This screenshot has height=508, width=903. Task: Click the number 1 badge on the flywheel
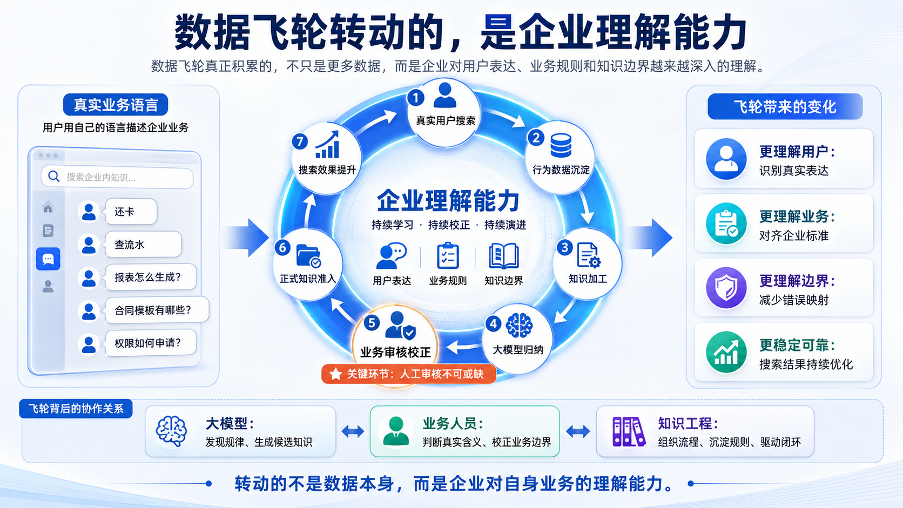[x=415, y=98]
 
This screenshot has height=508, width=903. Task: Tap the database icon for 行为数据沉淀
[x=561, y=145]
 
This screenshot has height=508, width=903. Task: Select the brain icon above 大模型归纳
[x=519, y=326]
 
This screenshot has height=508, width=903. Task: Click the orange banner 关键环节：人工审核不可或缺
[x=408, y=374]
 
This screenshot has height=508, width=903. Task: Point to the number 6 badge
[x=282, y=247]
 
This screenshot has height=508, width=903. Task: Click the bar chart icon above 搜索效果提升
[x=327, y=145]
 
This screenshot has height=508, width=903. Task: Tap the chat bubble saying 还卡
[x=130, y=212]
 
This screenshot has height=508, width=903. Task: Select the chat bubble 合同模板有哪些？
[x=157, y=310]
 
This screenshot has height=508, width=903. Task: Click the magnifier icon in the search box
[x=53, y=177]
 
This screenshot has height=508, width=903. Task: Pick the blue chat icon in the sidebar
[x=48, y=259]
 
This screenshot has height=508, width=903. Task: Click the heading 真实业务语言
[x=116, y=105]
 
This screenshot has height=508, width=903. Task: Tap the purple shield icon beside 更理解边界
[x=726, y=288]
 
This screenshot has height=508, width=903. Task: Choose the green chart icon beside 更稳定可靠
[x=726, y=352]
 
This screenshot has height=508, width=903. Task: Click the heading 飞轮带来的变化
[x=785, y=107]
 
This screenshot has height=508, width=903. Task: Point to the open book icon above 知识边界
[x=503, y=255]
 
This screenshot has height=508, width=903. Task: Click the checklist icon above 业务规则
[x=448, y=255]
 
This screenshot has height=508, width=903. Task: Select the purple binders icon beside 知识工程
[x=628, y=431]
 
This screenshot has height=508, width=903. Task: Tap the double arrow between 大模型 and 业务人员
[x=353, y=432]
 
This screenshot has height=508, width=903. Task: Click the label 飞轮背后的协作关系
[x=76, y=409]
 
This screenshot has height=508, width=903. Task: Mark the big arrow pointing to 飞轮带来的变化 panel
[x=651, y=238]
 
